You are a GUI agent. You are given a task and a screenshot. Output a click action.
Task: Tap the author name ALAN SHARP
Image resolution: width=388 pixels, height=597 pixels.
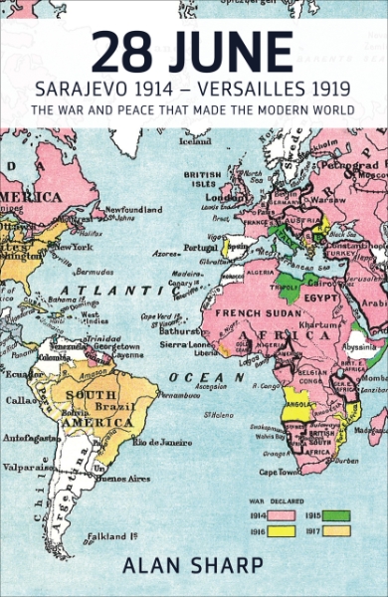point(194,566)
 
